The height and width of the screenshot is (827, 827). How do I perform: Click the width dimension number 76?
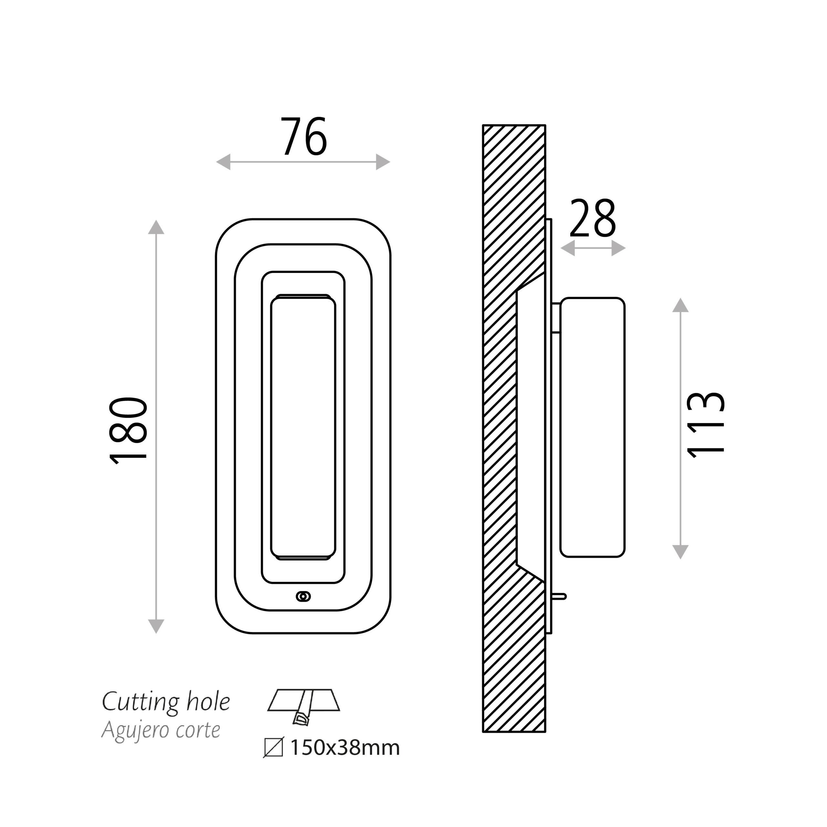tap(304, 136)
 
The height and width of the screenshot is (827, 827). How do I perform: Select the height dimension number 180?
tap(129, 430)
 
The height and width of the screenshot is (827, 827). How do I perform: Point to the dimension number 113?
tap(706, 425)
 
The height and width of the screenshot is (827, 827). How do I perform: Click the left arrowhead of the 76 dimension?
tap(224, 162)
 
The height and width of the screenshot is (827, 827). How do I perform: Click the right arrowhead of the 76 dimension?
tap(383, 162)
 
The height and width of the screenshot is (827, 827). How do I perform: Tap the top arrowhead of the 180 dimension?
tap(156, 227)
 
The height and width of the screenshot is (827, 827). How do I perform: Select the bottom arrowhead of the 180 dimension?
tap(156, 626)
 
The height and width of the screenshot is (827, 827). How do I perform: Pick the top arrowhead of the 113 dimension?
tap(681, 305)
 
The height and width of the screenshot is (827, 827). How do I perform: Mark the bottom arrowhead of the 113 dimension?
tap(681, 552)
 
